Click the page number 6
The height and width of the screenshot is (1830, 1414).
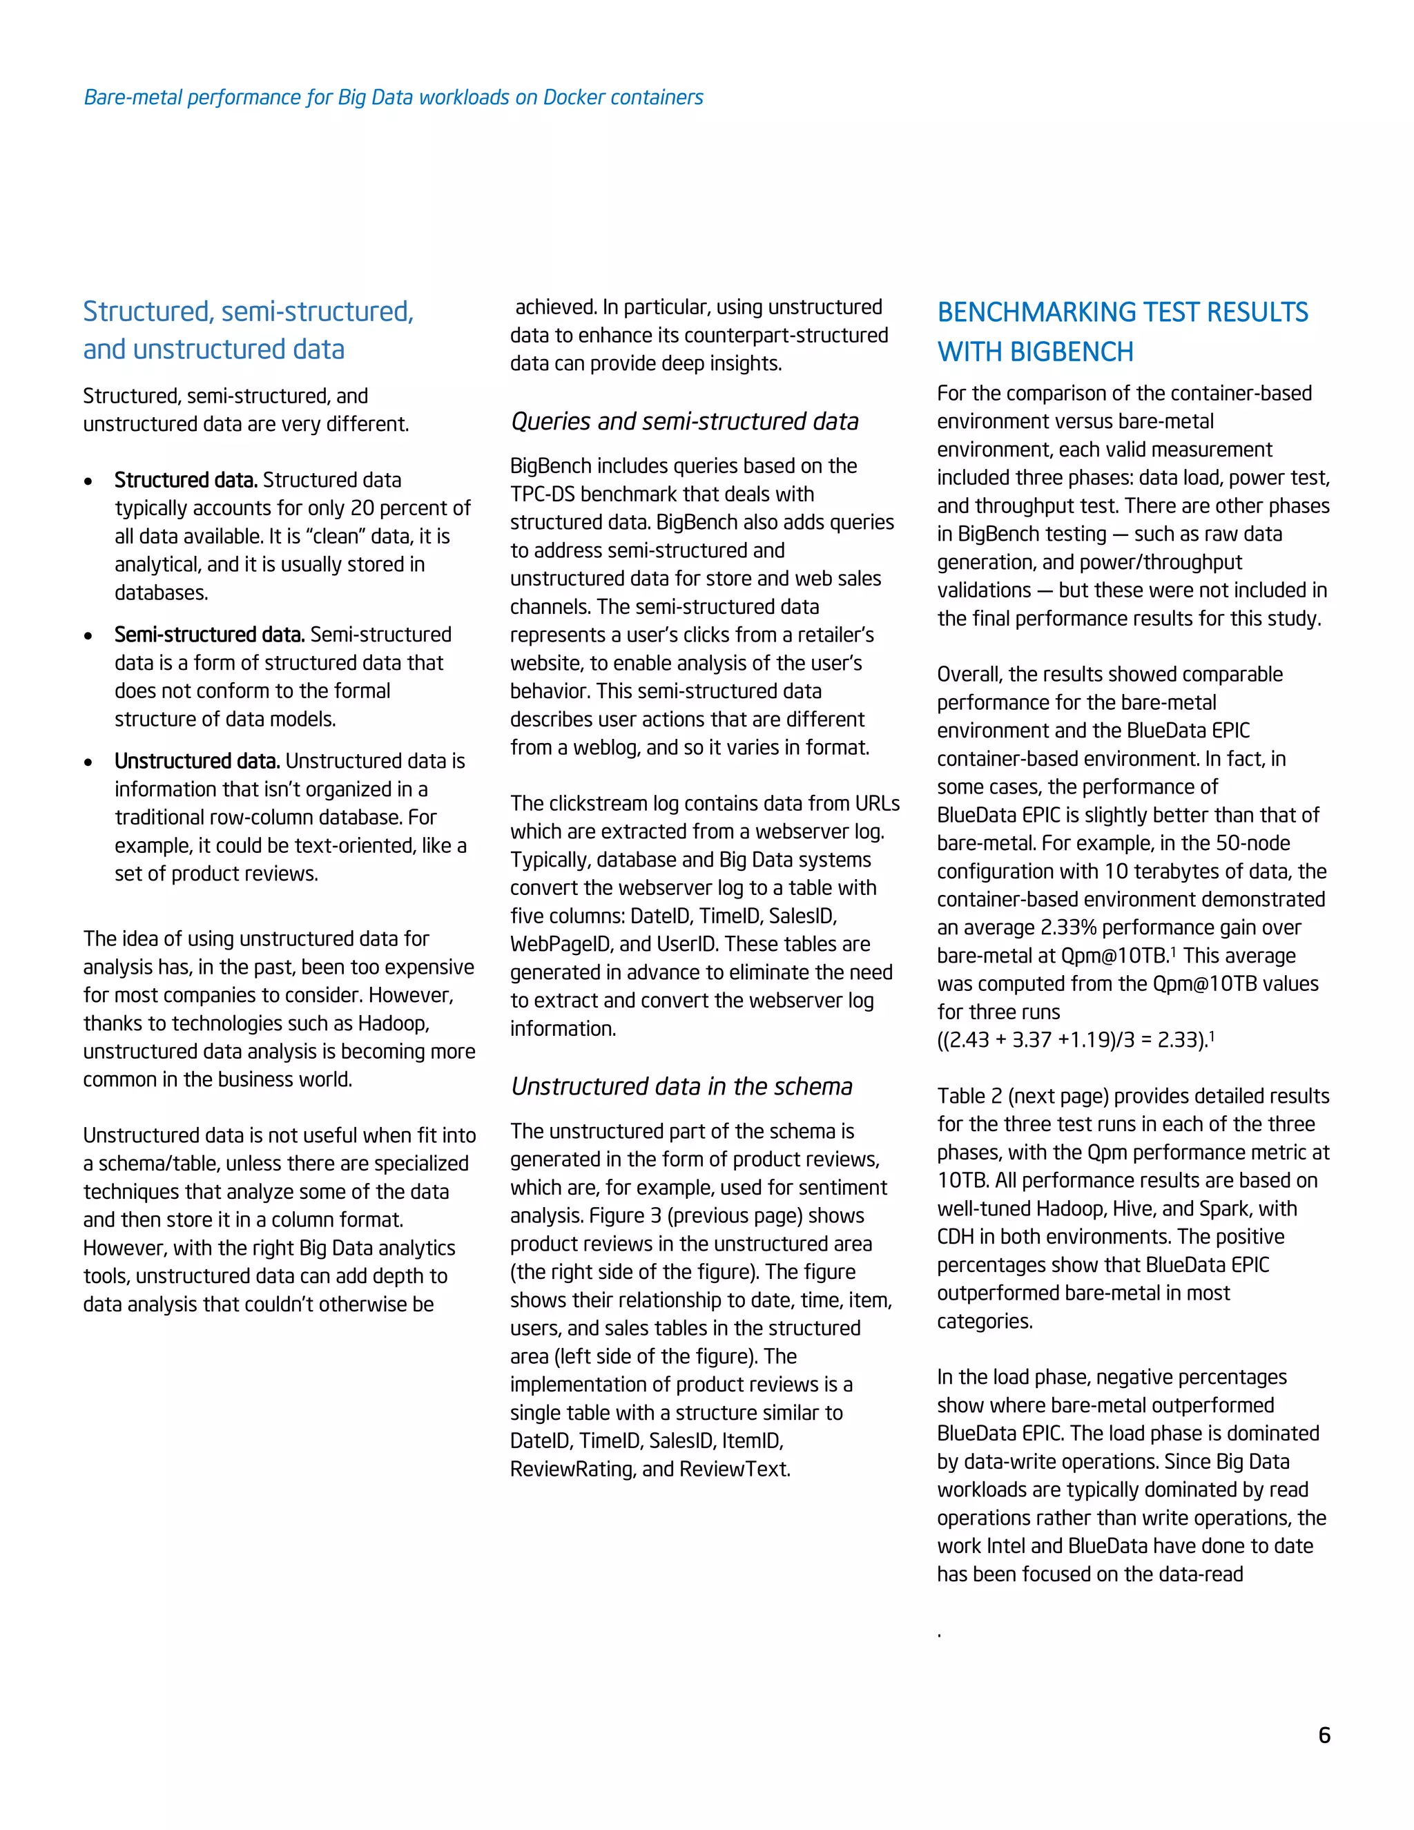point(1324,1735)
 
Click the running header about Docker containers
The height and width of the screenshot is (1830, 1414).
point(393,97)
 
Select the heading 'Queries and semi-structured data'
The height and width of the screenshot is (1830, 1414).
point(684,421)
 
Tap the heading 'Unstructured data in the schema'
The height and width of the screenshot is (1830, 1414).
point(681,1086)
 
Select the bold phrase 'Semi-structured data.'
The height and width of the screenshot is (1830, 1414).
point(209,635)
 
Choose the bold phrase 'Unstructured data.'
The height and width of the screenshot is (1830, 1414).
point(197,761)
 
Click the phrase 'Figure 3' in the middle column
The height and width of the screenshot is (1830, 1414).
point(625,1216)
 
